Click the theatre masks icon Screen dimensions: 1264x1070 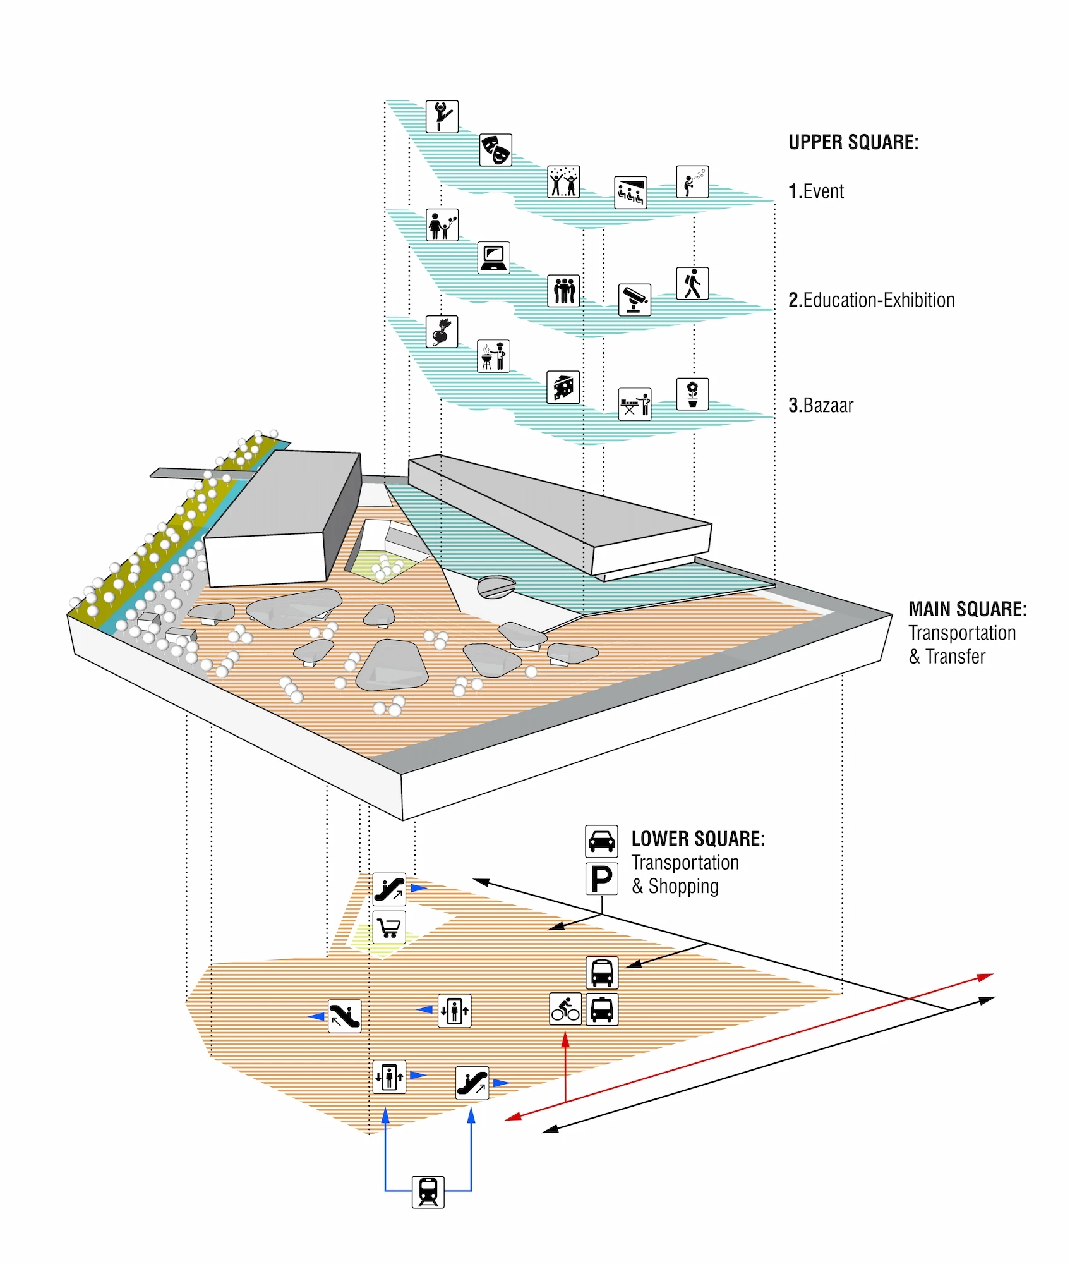click(x=495, y=150)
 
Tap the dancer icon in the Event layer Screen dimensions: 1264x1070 click(x=442, y=116)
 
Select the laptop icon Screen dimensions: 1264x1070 click(x=493, y=258)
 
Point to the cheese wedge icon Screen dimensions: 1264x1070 click(x=563, y=387)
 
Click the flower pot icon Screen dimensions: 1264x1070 click(x=692, y=394)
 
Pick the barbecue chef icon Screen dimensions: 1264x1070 click(x=493, y=356)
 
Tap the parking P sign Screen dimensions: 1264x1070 click(x=601, y=878)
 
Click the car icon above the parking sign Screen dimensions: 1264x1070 click(x=601, y=841)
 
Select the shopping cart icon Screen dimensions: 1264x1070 click(x=389, y=927)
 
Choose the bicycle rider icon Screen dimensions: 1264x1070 click(x=565, y=1009)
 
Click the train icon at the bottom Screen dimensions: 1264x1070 click(x=428, y=1192)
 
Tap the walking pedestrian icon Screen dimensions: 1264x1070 click(x=692, y=283)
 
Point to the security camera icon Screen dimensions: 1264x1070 click(x=634, y=299)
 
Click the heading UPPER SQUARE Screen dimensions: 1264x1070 click(x=853, y=143)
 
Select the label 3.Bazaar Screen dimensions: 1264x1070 click(x=821, y=406)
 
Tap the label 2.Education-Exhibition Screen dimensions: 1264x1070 click(x=871, y=300)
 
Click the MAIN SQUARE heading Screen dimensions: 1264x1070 click(x=967, y=609)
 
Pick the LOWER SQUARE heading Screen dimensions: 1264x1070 click(x=698, y=839)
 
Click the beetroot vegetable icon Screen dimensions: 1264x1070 click(x=442, y=332)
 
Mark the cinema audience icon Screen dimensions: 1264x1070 click(x=630, y=192)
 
